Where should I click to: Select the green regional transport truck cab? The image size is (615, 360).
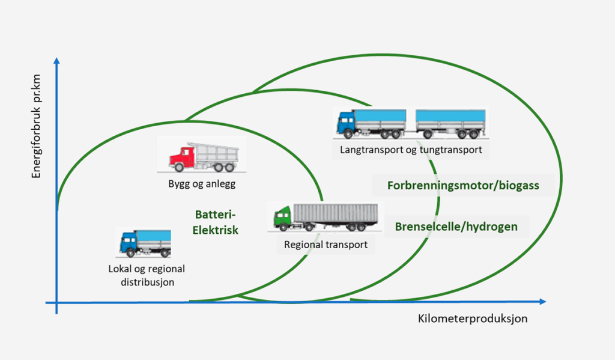tap(282, 217)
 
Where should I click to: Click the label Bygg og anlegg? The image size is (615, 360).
tap(201, 184)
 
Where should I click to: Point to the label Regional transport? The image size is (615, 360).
tap(326, 245)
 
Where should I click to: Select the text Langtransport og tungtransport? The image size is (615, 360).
tap(411, 150)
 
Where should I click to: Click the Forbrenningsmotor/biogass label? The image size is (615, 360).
tap(463, 186)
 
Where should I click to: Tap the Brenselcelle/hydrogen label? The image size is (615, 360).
tap(456, 227)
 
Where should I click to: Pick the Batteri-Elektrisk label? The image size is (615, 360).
tap(217, 222)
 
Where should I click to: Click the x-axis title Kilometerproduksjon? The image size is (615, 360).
tap(473, 319)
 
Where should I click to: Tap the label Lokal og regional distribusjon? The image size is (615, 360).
tap(146, 275)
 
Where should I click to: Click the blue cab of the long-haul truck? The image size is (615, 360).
tap(346, 123)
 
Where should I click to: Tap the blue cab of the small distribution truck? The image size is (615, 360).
tap(128, 242)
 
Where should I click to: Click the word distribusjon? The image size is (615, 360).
tap(146, 281)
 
